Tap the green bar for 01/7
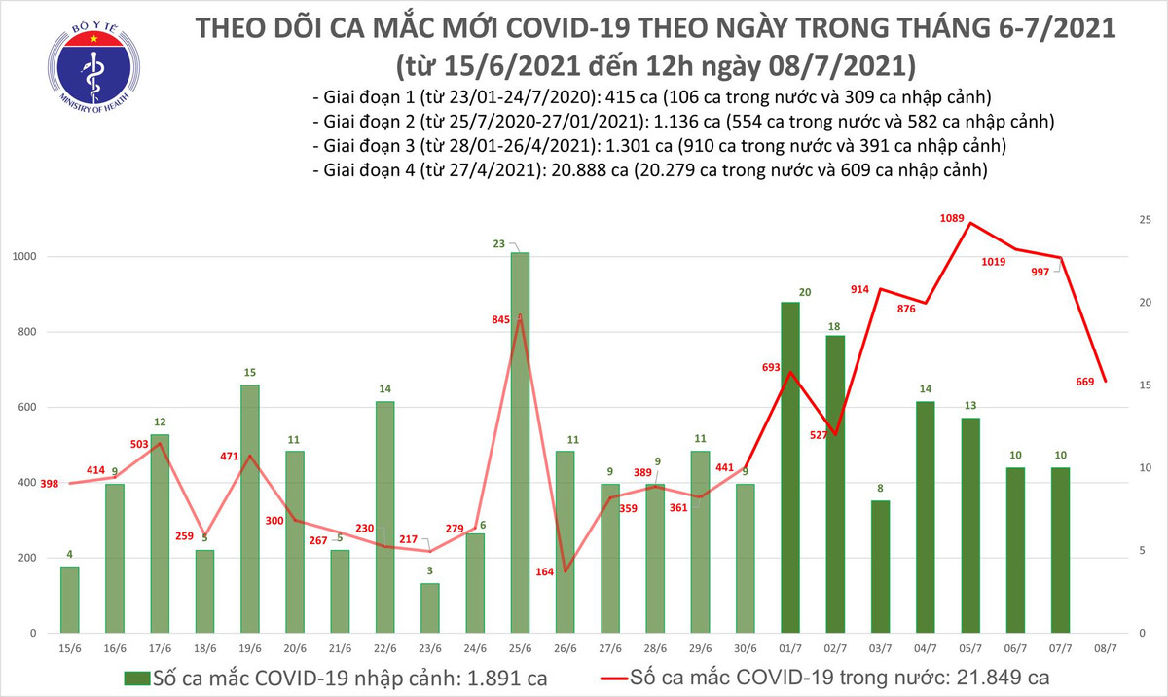pyautogui.click(x=789, y=467)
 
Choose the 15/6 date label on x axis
pyautogui.click(x=69, y=647)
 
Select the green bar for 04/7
pyautogui.click(x=925, y=517)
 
